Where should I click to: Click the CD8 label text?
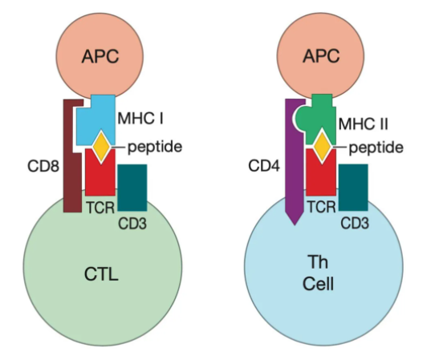(43, 166)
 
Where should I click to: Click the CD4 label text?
(264, 166)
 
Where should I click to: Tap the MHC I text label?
(140, 118)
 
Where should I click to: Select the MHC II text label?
(363, 123)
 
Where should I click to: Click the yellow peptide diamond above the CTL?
(101, 146)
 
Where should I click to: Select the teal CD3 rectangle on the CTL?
(132, 188)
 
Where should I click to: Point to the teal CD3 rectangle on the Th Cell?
(353, 188)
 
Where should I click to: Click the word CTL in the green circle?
(101, 274)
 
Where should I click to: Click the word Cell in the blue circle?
(318, 284)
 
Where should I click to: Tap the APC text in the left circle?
(100, 57)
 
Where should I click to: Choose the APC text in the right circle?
(321, 56)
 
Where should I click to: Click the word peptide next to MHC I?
(155, 148)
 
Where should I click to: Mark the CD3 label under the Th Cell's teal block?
(355, 223)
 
